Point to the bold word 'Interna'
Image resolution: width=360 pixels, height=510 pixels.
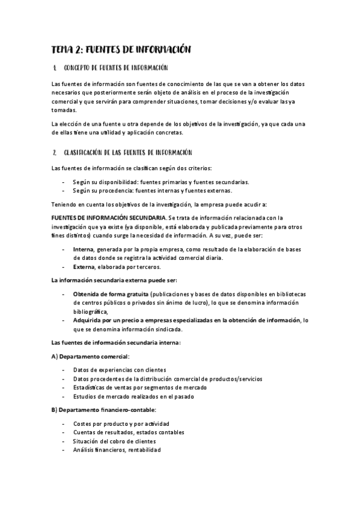[83, 249]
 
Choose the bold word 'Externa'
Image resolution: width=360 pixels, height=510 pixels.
[84, 267]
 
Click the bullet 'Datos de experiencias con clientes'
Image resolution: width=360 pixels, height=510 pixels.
[120, 369]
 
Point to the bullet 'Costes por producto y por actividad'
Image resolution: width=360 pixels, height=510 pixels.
[121, 423]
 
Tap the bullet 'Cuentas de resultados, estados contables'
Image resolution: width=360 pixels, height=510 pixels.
[128, 432]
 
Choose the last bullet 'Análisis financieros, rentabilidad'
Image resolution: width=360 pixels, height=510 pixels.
[117, 450]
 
